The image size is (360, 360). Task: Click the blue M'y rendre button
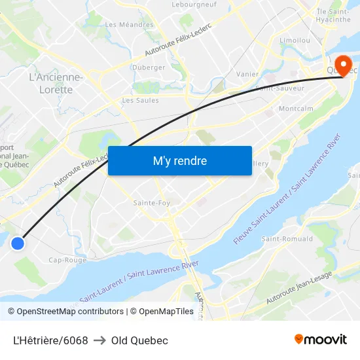[x=179, y=160]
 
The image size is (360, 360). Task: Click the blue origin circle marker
[x=18, y=243]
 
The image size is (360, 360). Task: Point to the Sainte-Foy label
[x=152, y=203]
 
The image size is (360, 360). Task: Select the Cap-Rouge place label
[x=67, y=260]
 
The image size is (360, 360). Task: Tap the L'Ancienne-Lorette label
[x=56, y=83]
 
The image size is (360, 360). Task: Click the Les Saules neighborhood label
[x=140, y=101]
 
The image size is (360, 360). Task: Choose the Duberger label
[x=149, y=67]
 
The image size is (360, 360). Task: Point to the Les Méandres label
[x=129, y=25]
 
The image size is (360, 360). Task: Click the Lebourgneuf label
[x=194, y=4]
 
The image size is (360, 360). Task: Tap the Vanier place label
[x=247, y=75]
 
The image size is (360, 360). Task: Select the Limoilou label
[x=295, y=40]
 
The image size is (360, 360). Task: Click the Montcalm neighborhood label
[x=296, y=109]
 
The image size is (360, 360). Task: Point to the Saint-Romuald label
[x=287, y=239]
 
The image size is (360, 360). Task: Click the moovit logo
[x=320, y=340]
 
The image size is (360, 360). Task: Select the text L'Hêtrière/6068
[x=50, y=340]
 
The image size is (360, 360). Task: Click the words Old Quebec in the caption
[x=139, y=340]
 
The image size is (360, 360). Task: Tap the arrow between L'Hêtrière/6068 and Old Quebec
[x=99, y=340]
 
